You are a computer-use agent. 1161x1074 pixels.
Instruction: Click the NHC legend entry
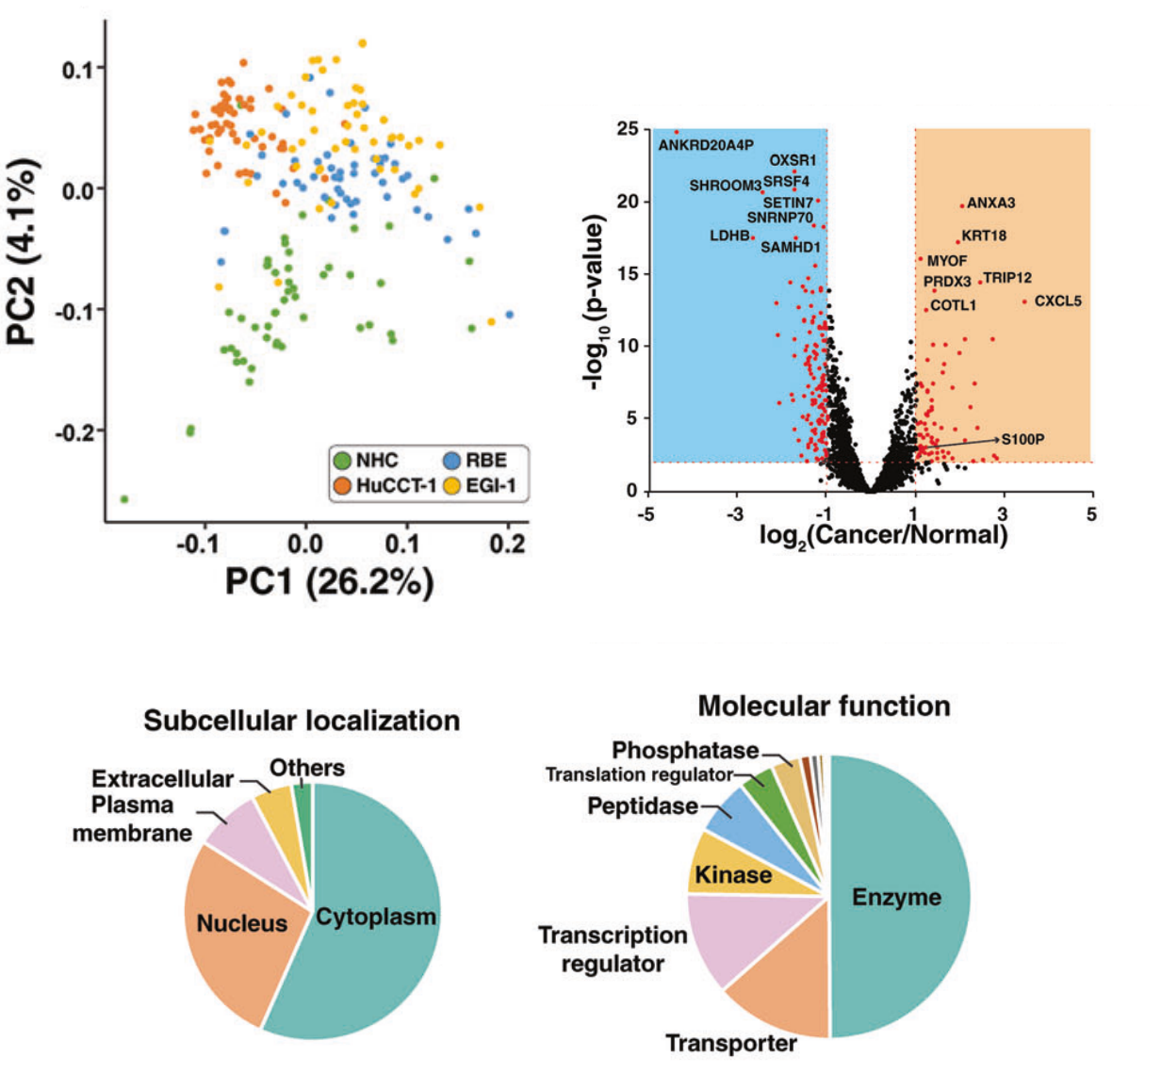click(376, 461)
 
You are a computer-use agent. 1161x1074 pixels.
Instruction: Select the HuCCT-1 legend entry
click(395, 487)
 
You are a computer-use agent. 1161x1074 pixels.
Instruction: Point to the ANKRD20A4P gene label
click(706, 145)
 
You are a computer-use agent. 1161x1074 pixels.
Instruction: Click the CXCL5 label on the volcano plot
click(1057, 301)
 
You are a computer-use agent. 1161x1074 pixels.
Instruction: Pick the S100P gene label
click(1022, 439)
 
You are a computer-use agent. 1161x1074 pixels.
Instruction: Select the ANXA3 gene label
click(990, 203)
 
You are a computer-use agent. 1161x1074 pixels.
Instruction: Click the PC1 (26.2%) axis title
click(329, 581)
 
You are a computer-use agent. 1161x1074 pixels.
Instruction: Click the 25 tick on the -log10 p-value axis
click(627, 128)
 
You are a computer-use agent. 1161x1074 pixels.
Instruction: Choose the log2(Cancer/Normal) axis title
click(883, 535)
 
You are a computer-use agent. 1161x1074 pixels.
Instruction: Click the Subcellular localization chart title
click(302, 721)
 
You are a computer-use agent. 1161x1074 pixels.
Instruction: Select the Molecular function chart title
click(824, 706)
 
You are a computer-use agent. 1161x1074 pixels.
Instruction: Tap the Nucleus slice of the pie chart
click(241, 923)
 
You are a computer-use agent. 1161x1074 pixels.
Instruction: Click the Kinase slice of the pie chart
click(733, 875)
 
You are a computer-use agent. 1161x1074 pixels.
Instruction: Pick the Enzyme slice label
click(896, 897)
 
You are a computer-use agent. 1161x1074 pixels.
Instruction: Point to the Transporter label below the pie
click(731, 1043)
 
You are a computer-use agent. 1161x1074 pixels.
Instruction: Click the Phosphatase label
click(685, 750)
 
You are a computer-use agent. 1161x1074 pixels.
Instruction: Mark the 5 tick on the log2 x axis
click(1091, 515)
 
